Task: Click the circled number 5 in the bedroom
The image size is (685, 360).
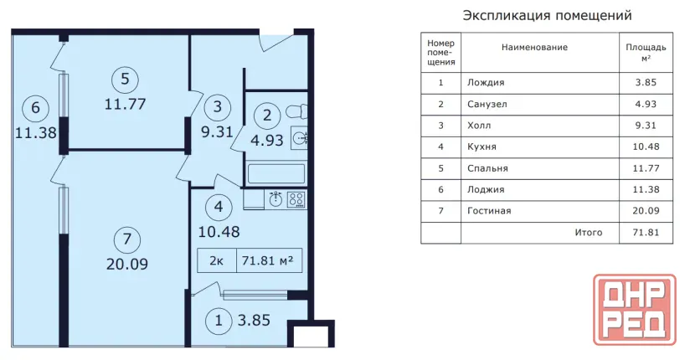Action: coord(125,79)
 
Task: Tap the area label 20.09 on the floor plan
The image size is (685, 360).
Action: coord(127,264)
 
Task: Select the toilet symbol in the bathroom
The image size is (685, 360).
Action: coord(296,111)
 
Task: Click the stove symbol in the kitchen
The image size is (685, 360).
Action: coord(296,200)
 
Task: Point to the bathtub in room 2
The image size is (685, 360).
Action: coord(276,173)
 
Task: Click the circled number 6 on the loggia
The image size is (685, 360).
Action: coord(36,107)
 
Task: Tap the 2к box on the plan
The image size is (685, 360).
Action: coord(217,261)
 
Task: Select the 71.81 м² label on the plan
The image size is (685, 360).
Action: coord(267,261)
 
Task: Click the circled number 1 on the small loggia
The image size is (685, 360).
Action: coord(219,321)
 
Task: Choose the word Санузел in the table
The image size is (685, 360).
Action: coord(487,105)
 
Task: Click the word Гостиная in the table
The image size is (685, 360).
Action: coord(489,211)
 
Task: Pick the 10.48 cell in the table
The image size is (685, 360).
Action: coord(646,147)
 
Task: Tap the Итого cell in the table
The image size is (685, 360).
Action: coord(589,233)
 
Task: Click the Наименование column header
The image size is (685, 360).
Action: coord(534,47)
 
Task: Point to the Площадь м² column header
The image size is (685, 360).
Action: coord(646,52)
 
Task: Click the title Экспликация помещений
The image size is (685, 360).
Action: coord(547,16)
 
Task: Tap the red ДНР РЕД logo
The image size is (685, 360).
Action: coord(635,309)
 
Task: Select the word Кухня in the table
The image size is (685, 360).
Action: coord(482,147)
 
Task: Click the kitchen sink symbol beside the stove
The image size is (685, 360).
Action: coord(276,199)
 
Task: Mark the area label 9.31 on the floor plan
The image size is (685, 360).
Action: coord(217,131)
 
